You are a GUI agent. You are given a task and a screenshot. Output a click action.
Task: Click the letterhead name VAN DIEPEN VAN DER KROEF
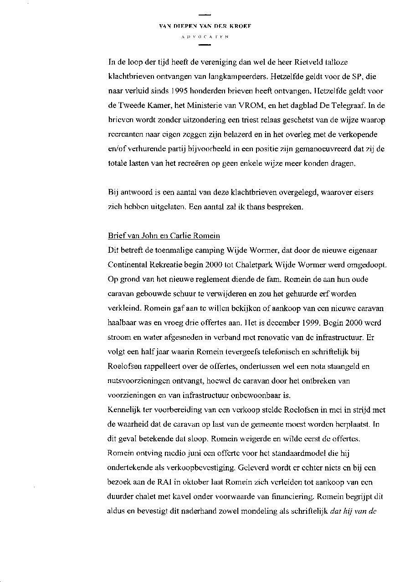(x=205, y=26)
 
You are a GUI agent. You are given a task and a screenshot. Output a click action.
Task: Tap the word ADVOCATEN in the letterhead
(x=205, y=36)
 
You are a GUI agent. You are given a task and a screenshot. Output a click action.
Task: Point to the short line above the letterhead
(x=205, y=16)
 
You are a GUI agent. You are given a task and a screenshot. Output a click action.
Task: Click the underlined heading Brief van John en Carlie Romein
(x=164, y=236)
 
